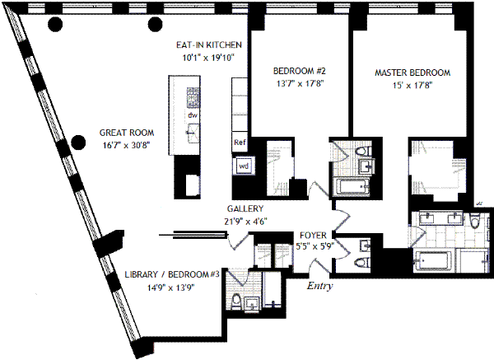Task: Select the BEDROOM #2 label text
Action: click(x=294, y=70)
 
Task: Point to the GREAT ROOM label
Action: click(x=126, y=132)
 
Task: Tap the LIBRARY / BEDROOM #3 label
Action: click(x=171, y=274)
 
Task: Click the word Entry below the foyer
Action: click(x=320, y=286)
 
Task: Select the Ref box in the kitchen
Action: click(x=240, y=143)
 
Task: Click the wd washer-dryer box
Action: click(x=243, y=165)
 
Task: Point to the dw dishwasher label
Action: click(x=192, y=116)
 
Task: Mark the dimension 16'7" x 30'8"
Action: click(x=126, y=145)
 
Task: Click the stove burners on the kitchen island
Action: click(x=193, y=98)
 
